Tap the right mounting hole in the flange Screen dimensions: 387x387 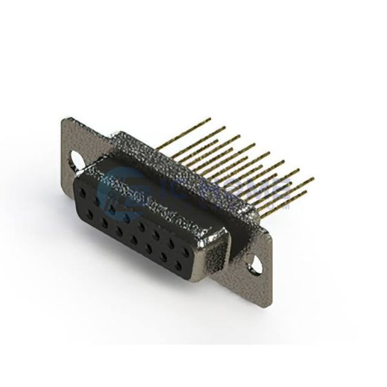pos(259,263)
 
